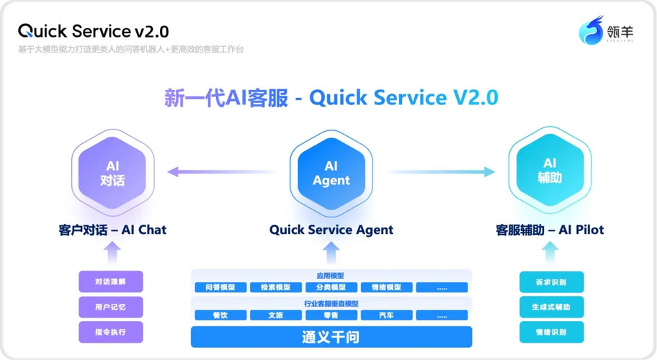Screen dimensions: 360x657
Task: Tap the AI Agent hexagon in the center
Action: pyautogui.click(x=331, y=174)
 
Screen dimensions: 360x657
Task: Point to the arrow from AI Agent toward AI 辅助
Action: pyautogui.click(x=441, y=172)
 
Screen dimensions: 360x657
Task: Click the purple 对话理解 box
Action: pyautogui.click(x=110, y=282)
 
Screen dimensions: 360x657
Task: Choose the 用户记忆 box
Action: pyautogui.click(x=110, y=307)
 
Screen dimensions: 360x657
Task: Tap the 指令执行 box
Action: pyautogui.click(x=110, y=332)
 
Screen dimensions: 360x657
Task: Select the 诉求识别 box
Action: pyautogui.click(x=552, y=282)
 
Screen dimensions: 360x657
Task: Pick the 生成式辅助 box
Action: pyautogui.click(x=552, y=307)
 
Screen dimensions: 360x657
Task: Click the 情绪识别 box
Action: pyautogui.click(x=552, y=332)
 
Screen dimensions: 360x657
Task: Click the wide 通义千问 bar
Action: pyautogui.click(x=331, y=337)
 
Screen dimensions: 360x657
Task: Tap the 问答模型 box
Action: pyautogui.click(x=220, y=287)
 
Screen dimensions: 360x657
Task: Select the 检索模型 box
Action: pyautogui.click(x=275, y=287)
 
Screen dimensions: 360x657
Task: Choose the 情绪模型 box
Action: pyautogui.click(x=387, y=287)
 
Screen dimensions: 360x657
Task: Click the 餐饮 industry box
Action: pyautogui.click(x=220, y=315)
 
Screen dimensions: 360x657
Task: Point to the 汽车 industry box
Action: pyautogui.click(x=387, y=315)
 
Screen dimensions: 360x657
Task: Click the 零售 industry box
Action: pyautogui.click(x=331, y=315)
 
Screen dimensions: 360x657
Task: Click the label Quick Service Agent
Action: pyautogui.click(x=331, y=230)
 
